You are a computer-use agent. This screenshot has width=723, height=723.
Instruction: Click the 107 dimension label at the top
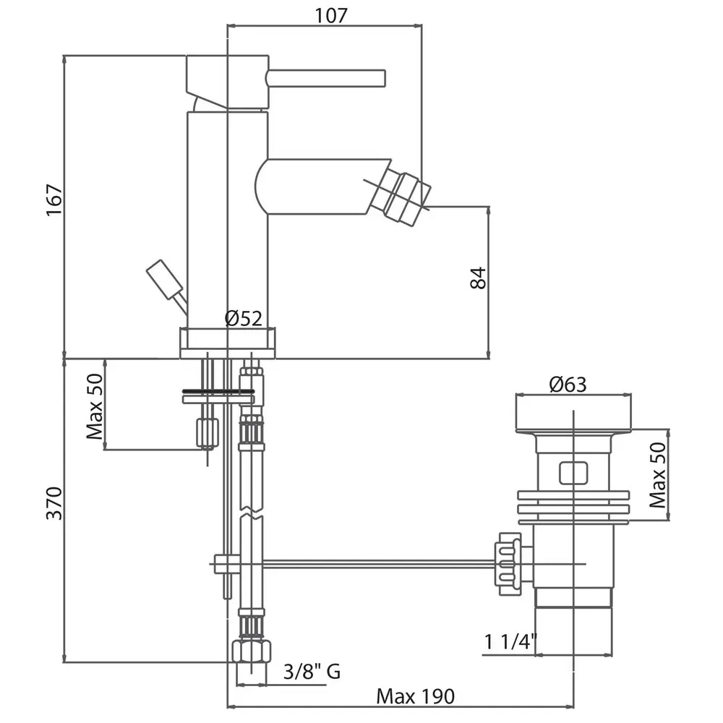(x=332, y=14)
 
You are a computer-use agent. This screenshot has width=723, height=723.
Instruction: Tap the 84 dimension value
(x=478, y=278)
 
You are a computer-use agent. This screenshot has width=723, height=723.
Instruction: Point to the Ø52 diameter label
(x=243, y=317)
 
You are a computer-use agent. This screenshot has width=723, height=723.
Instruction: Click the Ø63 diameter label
(x=568, y=385)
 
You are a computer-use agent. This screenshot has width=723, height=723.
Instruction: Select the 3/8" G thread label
(x=312, y=672)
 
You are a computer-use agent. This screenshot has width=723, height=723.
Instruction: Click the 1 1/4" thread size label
(x=511, y=641)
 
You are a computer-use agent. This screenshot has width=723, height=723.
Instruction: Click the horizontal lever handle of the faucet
(x=327, y=77)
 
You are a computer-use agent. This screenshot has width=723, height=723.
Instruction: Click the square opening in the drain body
(x=575, y=472)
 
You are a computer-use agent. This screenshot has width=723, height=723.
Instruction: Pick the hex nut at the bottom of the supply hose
(x=251, y=650)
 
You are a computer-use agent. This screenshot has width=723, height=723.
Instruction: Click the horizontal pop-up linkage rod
(x=376, y=562)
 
